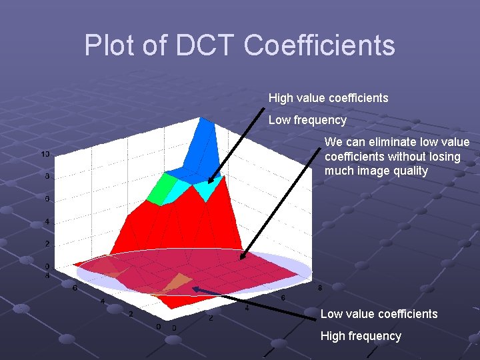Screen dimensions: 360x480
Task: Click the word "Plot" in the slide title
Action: coord(107,46)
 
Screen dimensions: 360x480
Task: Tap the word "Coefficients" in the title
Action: coord(319,46)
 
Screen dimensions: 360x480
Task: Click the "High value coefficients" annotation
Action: coord(328,98)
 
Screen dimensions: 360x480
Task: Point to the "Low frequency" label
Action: coord(307,120)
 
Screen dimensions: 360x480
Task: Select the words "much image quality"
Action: coord(376,171)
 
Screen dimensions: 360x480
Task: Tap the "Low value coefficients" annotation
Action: coord(379,313)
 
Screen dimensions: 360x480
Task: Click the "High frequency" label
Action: coord(361,336)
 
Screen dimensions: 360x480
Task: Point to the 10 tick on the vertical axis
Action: coord(45,154)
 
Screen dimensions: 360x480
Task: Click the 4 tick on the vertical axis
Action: coord(46,221)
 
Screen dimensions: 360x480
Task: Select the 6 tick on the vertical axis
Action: coord(46,199)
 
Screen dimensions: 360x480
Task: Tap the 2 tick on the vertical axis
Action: coord(46,244)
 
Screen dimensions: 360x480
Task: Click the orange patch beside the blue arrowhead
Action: coord(177,282)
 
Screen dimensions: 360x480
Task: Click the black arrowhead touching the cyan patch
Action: coord(211,179)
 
